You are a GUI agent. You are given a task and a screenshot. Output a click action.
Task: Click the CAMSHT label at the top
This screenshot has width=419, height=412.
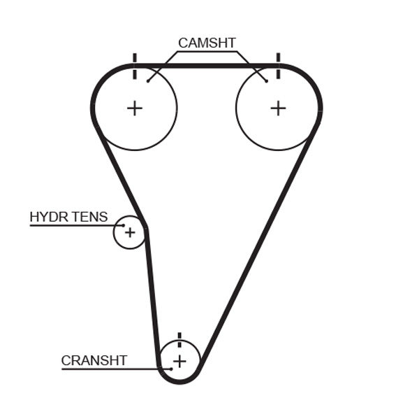(x=207, y=43)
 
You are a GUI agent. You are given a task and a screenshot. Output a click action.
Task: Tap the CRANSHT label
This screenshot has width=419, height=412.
(x=94, y=361)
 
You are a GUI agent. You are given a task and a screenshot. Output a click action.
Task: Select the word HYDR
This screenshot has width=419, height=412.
(x=49, y=217)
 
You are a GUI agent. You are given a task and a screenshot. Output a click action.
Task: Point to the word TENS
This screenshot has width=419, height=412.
(x=89, y=217)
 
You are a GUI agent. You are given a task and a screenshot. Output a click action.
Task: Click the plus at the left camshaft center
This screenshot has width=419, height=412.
(x=134, y=108)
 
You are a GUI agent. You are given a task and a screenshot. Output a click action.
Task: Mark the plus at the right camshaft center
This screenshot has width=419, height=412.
(x=278, y=108)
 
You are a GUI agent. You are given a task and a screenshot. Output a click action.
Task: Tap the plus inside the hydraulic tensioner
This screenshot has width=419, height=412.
(x=130, y=232)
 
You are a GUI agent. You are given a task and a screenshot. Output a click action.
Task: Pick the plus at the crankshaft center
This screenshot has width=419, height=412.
(x=179, y=361)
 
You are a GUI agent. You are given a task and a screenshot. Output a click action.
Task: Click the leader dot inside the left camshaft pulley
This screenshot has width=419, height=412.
(x=148, y=81)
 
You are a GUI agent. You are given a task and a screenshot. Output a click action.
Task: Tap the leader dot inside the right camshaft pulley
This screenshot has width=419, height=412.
(x=266, y=81)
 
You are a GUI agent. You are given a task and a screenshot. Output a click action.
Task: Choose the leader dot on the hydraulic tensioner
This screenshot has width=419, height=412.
(x=123, y=225)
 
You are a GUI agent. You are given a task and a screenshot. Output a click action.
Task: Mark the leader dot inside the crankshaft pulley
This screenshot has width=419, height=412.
(x=170, y=369)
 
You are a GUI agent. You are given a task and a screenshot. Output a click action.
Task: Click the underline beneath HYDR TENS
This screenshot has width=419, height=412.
(x=70, y=225)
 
